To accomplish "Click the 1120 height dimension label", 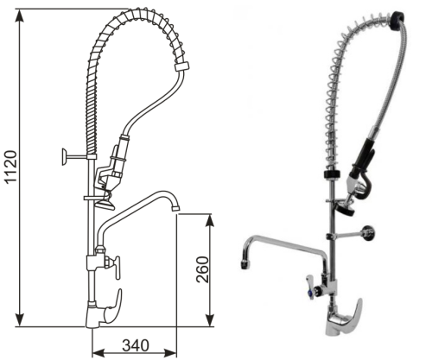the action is pos(11,167).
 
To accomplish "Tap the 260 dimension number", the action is pos(202,269).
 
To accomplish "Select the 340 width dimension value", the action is pos(136,345).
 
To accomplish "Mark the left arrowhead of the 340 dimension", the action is pos(98,351).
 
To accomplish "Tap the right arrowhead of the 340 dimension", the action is pos(170,351).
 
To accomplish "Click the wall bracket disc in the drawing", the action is pos(64,157).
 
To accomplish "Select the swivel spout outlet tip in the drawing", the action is pos(175,207).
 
